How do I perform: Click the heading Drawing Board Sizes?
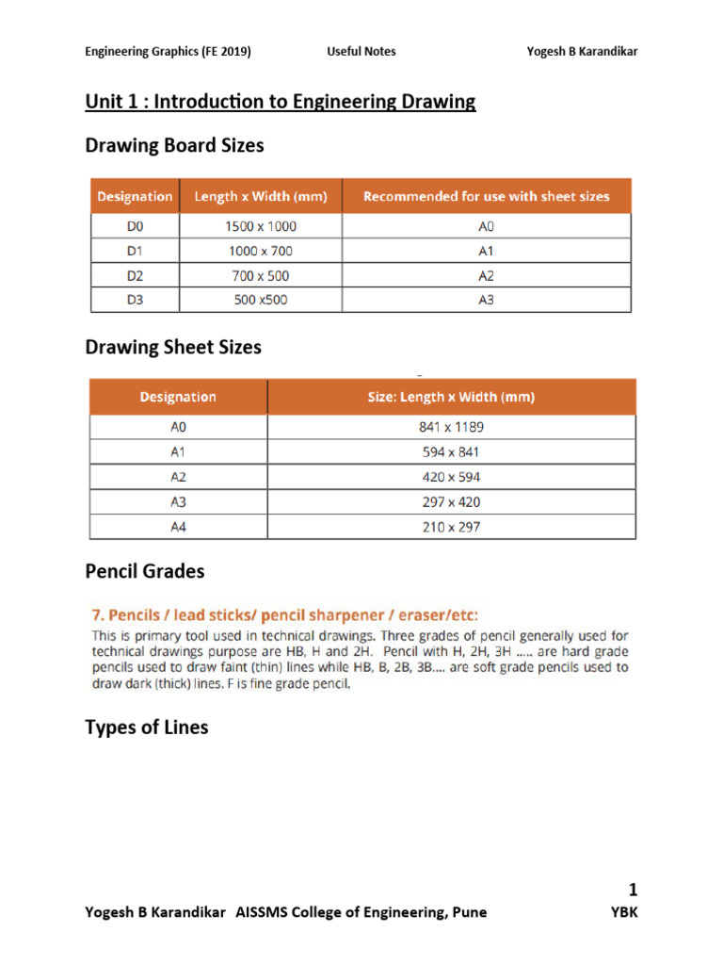click(174, 145)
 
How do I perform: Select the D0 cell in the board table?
click(135, 227)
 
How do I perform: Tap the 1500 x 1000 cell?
click(260, 227)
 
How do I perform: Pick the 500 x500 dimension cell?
click(260, 301)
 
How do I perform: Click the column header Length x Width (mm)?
click(260, 197)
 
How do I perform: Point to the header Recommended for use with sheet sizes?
click(486, 197)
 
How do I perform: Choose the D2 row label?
click(135, 276)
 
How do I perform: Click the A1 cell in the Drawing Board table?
click(486, 252)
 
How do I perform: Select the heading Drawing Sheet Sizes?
click(173, 347)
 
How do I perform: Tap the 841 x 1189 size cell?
click(451, 427)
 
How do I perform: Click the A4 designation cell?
click(178, 527)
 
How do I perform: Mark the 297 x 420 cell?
click(451, 502)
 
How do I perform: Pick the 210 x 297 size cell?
click(451, 527)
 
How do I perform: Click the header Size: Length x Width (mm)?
click(451, 397)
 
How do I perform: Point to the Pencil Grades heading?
click(144, 572)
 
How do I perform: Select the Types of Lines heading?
click(146, 728)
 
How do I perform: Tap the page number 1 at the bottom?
click(633, 890)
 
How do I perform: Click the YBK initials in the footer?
click(625, 912)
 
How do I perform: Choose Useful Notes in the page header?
click(361, 51)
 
